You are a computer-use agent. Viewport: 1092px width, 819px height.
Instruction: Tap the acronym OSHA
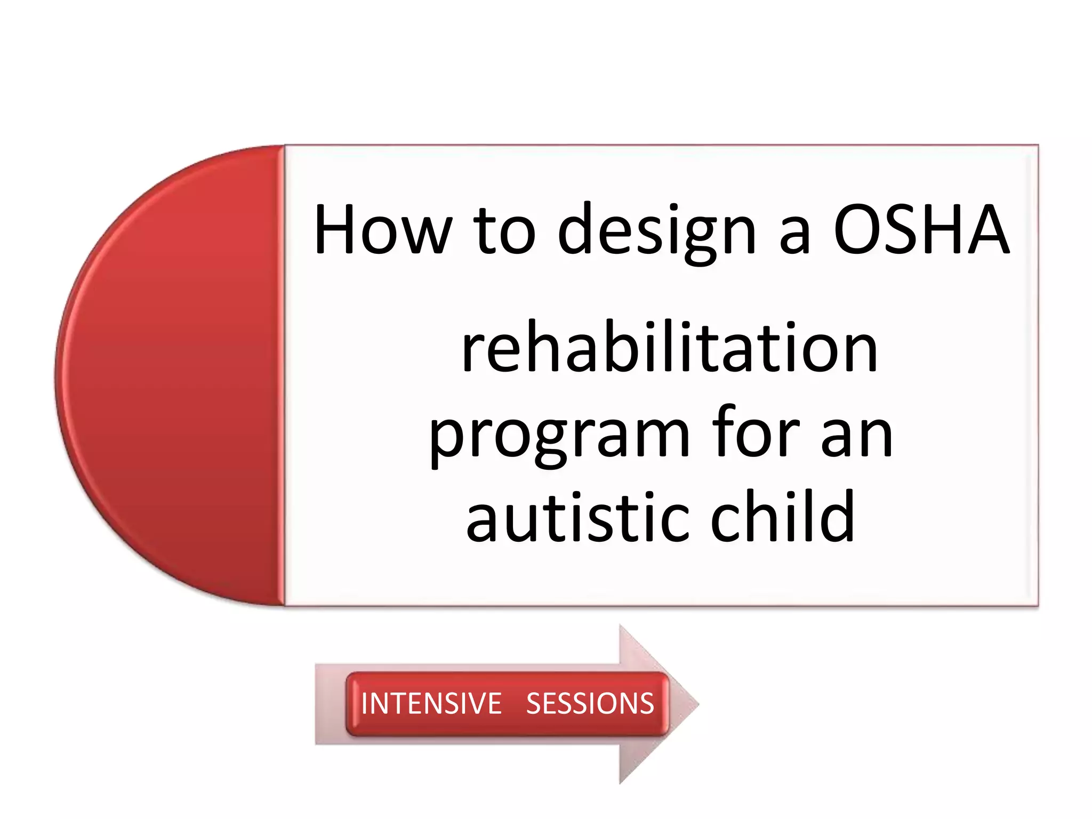tap(921, 229)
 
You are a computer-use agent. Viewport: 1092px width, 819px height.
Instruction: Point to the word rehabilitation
tap(669, 348)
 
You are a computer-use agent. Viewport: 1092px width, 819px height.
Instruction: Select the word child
tap(783, 516)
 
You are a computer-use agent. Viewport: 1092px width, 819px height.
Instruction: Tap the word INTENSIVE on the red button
tap(431, 703)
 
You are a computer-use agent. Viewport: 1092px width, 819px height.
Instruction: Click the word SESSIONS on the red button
tap(590, 703)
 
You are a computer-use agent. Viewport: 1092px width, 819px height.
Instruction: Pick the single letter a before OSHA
tap(794, 235)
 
